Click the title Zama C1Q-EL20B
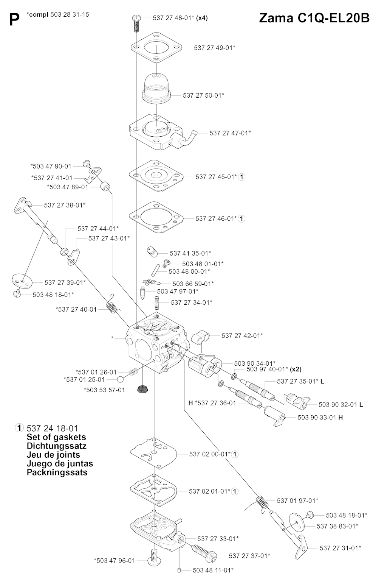pos(314,18)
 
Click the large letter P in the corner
pos(14,20)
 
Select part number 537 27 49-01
pos(214,48)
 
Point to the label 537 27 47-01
pos(230,133)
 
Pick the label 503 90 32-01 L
pos(341,404)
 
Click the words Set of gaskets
pos(56,437)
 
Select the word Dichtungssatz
pos(57,446)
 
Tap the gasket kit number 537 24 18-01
pos(52,428)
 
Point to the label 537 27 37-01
pos(249,556)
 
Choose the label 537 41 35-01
pos(190,253)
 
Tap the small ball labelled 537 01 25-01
pos(121,379)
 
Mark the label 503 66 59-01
pos(193,284)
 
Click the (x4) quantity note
pos(202,18)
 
